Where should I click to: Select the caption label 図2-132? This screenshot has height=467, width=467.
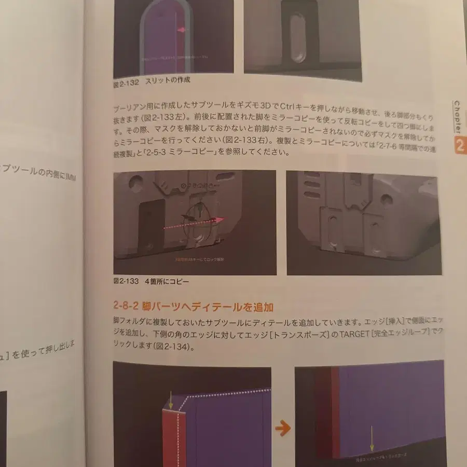pyautogui.click(x=126, y=80)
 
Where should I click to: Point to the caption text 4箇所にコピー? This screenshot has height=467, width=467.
pyautogui.click(x=167, y=282)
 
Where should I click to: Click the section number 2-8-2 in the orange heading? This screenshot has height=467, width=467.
pyautogui.click(x=128, y=307)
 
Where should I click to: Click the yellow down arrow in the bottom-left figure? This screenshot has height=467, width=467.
pyautogui.click(x=171, y=402)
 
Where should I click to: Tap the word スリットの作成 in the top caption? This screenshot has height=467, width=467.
pyautogui.click(x=168, y=80)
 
